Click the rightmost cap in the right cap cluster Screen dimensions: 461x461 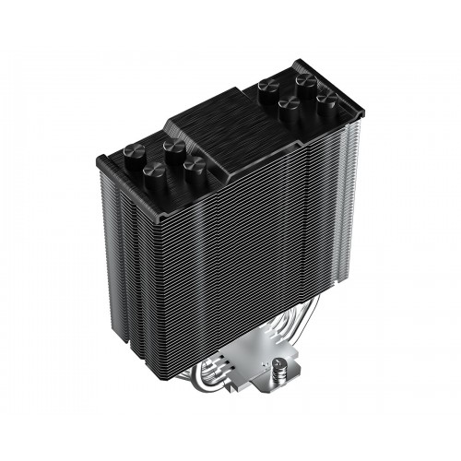(x=324, y=98)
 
